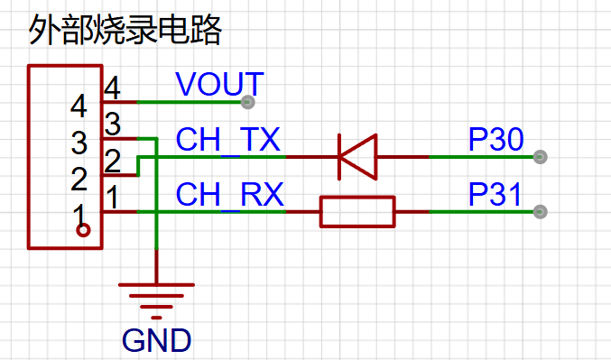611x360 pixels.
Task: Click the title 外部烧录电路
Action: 125,30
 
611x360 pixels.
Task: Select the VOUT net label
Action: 220,84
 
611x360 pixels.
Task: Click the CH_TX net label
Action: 228,139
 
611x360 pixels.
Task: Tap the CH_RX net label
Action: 230,194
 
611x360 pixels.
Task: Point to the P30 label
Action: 496,139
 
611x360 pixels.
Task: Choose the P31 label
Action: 495,194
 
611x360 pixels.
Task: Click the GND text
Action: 157,340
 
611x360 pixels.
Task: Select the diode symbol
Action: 358,157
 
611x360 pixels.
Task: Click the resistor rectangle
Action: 357,212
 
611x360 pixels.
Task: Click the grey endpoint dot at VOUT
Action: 248,102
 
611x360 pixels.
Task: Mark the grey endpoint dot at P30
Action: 540,157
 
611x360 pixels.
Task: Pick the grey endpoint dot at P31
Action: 540,212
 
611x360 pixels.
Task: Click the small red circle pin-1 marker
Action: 83,230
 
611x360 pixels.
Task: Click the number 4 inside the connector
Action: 79,106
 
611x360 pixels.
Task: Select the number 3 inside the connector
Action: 79,143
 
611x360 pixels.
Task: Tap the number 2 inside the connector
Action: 79,180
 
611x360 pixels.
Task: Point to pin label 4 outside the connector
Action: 112,88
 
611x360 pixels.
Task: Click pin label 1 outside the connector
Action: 113,197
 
